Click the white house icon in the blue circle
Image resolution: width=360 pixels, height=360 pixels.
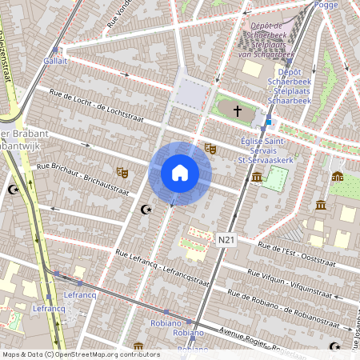click(x=180, y=173)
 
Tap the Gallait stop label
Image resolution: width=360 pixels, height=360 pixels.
click(x=55, y=61)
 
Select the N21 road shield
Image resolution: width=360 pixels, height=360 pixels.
click(x=228, y=238)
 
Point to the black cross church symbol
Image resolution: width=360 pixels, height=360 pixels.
click(x=237, y=110)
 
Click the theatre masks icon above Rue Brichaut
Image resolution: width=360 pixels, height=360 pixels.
click(x=122, y=172)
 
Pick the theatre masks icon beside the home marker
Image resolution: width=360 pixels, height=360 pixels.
click(x=210, y=149)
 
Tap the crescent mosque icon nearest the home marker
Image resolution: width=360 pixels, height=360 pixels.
click(x=146, y=210)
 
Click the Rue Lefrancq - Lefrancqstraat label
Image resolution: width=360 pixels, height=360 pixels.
click(x=162, y=269)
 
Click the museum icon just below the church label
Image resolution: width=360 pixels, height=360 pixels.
click(x=257, y=177)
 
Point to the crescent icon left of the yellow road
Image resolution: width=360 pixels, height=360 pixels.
click(x=12, y=190)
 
